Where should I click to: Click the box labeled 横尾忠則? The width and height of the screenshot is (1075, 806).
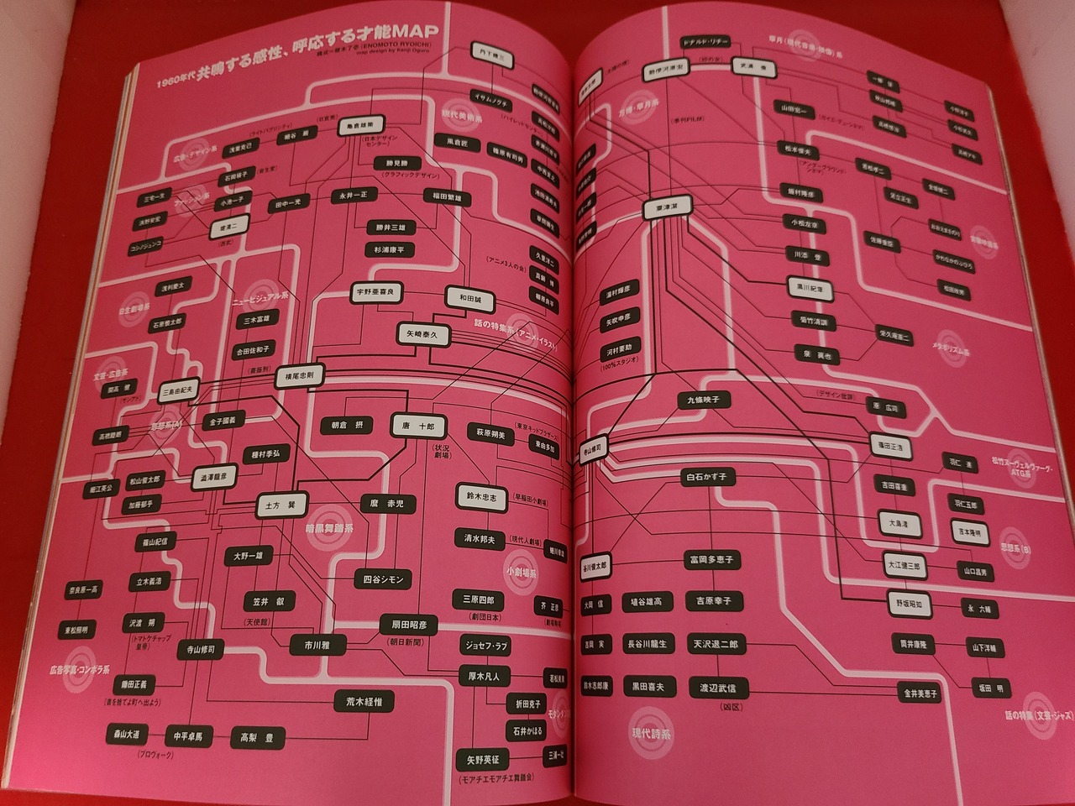click(x=300, y=376)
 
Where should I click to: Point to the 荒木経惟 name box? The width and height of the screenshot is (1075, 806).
click(x=364, y=701)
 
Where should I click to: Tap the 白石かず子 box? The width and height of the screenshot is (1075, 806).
click(x=705, y=477)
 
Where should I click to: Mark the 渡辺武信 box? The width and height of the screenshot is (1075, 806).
click(x=717, y=688)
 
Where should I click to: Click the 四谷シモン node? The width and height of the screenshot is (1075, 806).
click(x=384, y=579)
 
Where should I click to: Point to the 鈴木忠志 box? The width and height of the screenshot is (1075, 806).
click(x=481, y=497)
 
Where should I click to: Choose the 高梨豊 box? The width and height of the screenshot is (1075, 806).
click(x=257, y=738)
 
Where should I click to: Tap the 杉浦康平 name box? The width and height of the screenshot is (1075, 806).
click(x=389, y=249)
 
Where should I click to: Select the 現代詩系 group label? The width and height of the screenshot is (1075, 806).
click(x=652, y=733)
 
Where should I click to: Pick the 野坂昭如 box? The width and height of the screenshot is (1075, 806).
click(x=908, y=603)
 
